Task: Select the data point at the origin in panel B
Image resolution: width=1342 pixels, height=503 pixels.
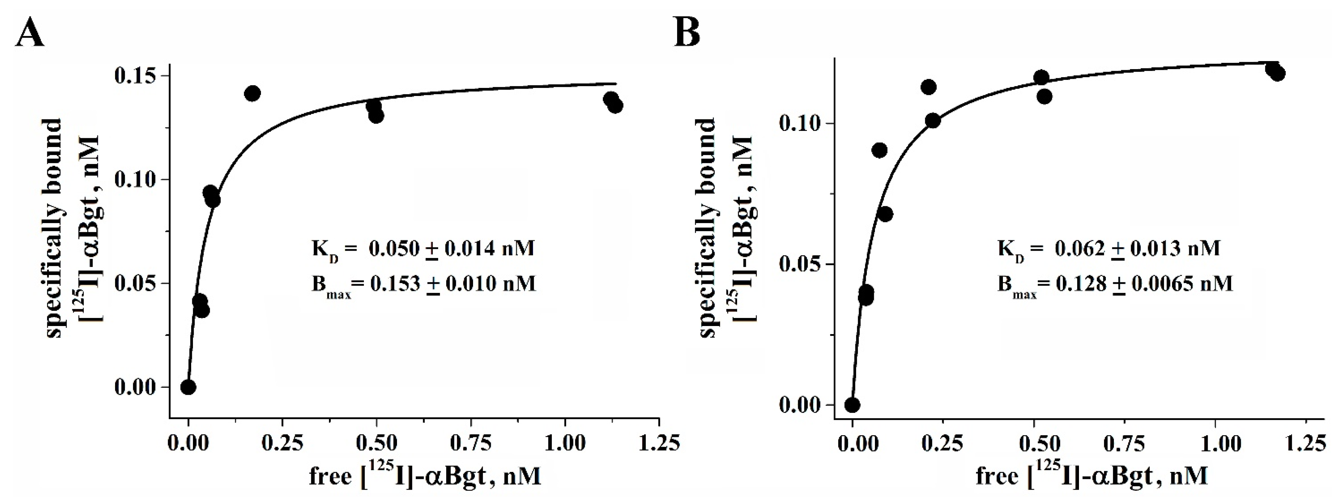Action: coord(852,405)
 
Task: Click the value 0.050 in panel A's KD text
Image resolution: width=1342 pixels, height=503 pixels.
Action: coord(394,249)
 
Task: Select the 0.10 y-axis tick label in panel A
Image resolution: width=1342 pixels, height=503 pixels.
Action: coord(134,180)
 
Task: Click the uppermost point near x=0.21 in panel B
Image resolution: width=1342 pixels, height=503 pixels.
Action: coord(928,87)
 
